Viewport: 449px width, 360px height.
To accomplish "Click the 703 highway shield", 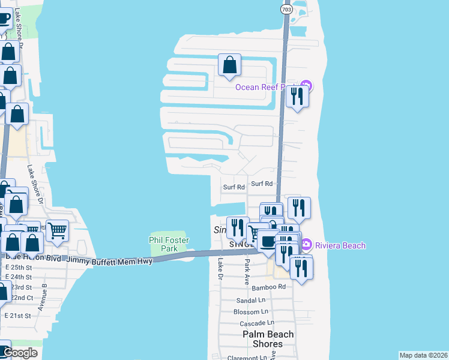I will pyautogui.click(x=286, y=10).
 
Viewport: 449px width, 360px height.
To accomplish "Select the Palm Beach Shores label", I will pyautogui.click(x=268, y=339).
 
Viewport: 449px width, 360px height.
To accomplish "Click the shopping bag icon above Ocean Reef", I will pyautogui.click(x=229, y=65).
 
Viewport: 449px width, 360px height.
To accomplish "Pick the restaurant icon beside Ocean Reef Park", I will pyautogui.click(x=297, y=97).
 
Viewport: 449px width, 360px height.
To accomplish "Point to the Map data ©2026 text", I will pyautogui.click(x=424, y=355).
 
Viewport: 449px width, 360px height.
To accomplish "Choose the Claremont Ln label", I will pyautogui.click(x=247, y=358).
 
